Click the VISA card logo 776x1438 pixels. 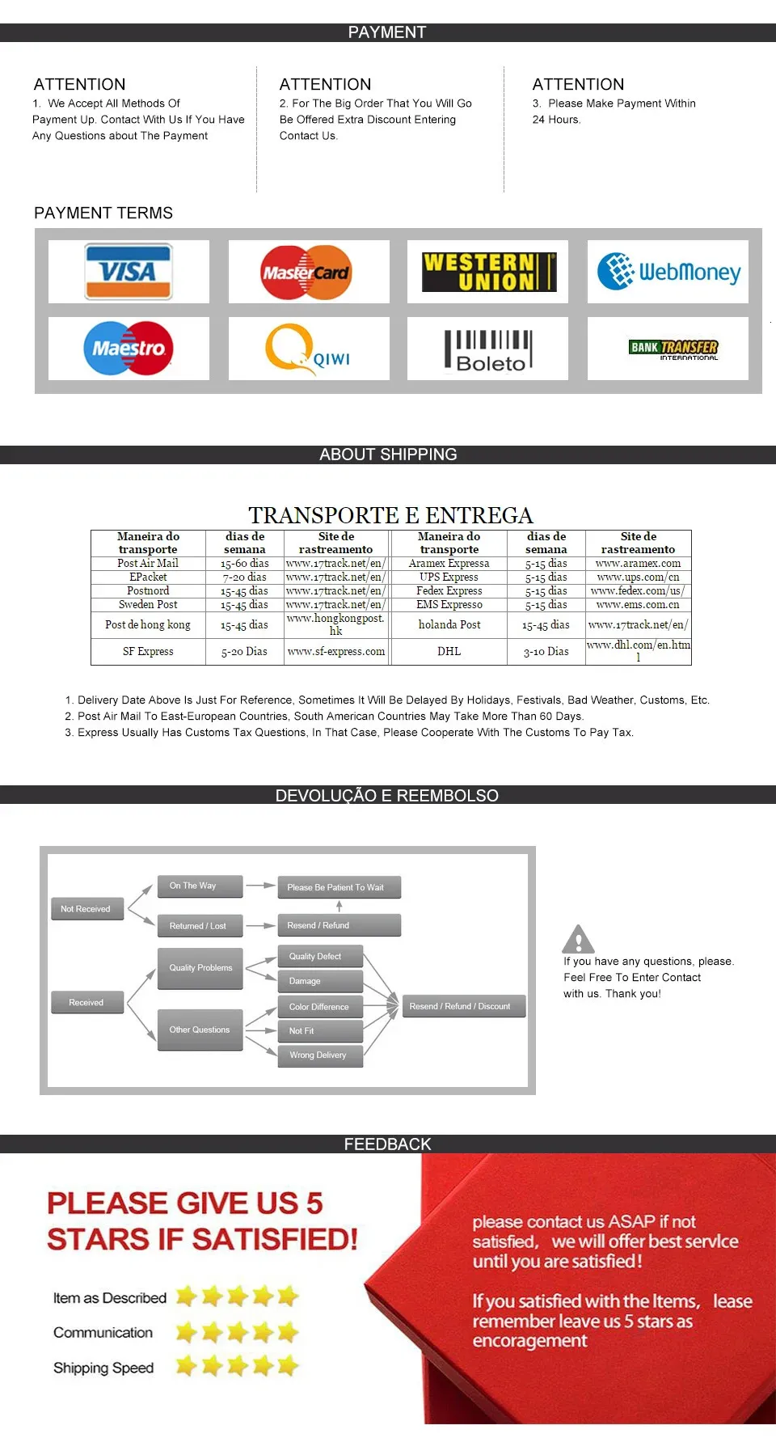(129, 272)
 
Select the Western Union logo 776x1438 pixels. (489, 272)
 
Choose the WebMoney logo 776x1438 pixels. (668, 272)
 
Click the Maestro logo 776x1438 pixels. (129, 349)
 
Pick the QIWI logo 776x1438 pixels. (308, 349)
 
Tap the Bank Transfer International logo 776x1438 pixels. (673, 349)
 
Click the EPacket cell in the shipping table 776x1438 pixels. (148, 577)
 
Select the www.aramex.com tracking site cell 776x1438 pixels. (638, 564)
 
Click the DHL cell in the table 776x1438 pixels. (449, 652)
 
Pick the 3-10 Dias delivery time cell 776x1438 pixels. (546, 652)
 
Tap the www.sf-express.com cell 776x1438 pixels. (336, 652)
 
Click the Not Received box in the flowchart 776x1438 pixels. (86, 909)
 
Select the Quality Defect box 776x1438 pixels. (319, 957)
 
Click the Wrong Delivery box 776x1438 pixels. (319, 1055)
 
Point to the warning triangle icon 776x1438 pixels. (578, 940)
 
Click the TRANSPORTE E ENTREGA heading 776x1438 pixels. (390, 516)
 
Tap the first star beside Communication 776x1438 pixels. (187, 1332)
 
